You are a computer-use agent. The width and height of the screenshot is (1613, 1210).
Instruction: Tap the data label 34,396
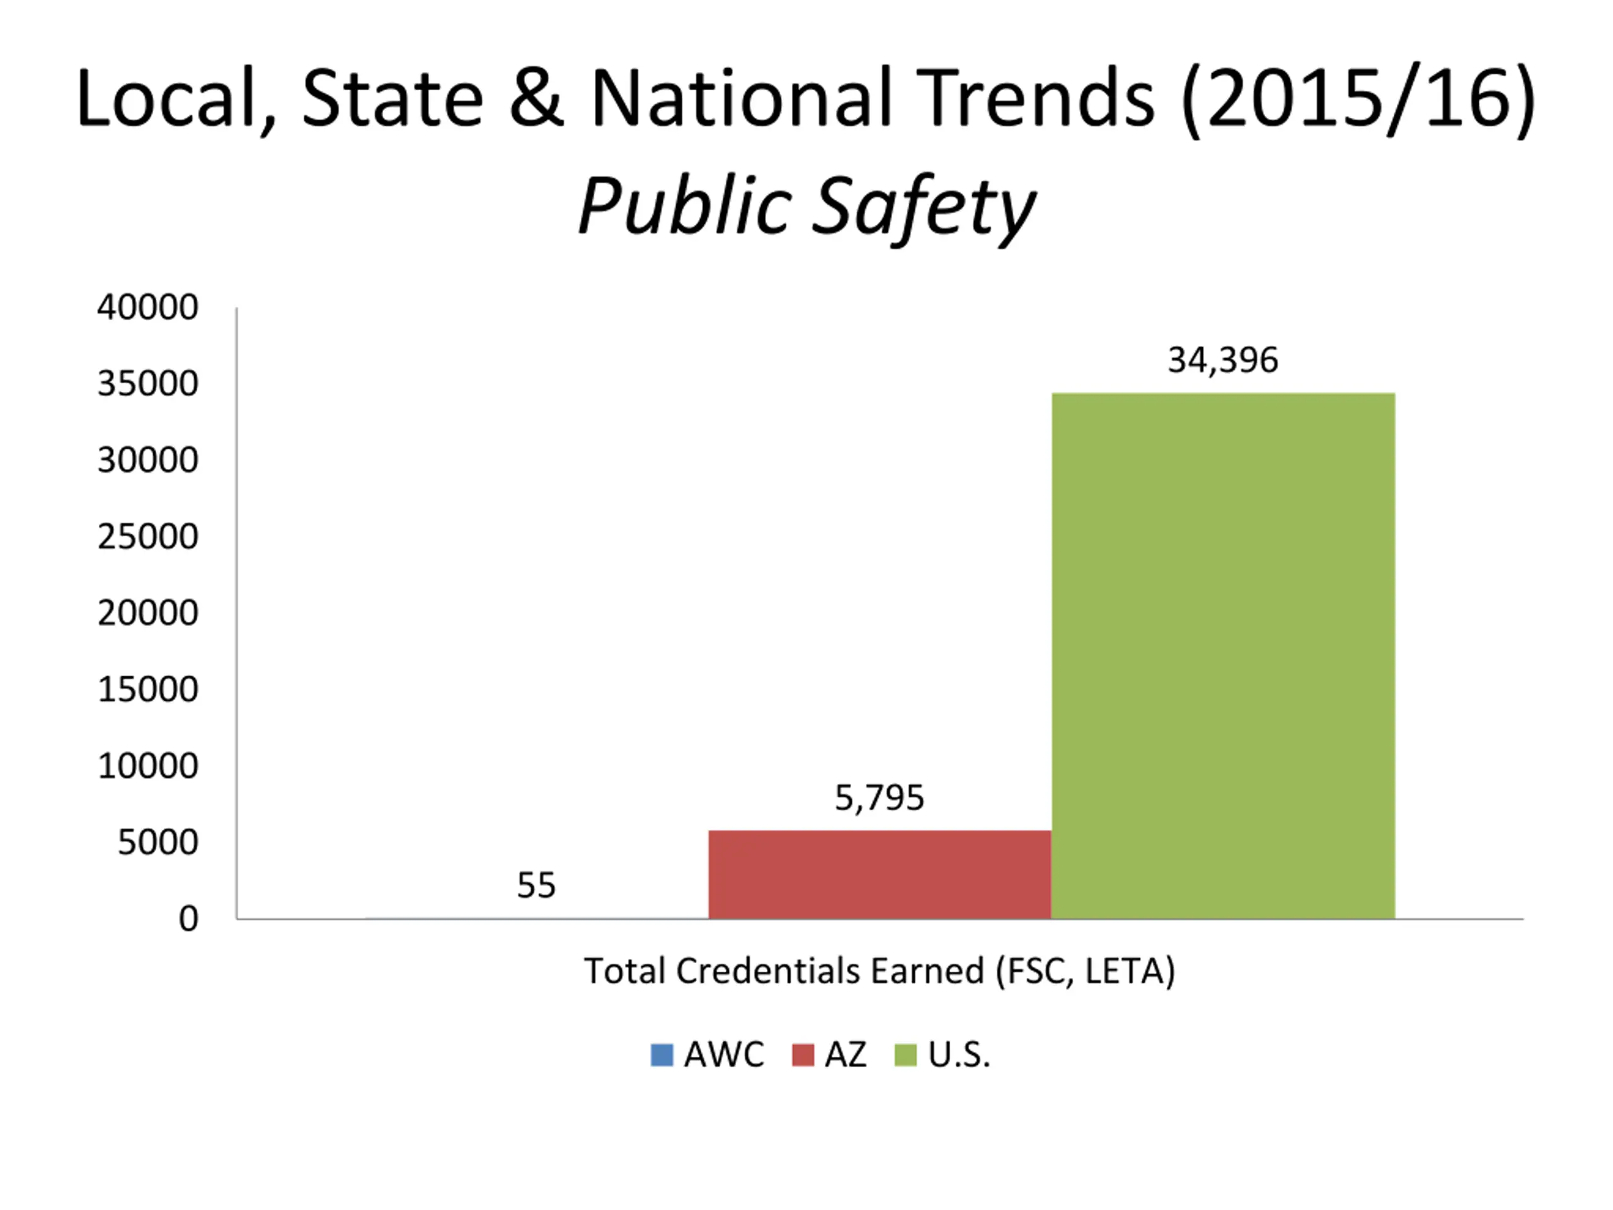(x=1223, y=360)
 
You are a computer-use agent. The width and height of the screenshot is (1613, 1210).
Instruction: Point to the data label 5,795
(x=880, y=797)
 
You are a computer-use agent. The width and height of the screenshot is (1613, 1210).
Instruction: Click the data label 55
(x=536, y=885)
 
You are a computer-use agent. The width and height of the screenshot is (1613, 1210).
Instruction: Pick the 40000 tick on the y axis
(x=147, y=307)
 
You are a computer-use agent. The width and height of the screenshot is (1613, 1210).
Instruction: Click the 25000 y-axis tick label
(x=147, y=537)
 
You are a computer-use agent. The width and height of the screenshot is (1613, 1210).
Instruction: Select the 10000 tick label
(x=147, y=766)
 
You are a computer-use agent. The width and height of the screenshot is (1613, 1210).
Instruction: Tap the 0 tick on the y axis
(x=188, y=919)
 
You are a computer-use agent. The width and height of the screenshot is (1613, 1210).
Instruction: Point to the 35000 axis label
(x=147, y=384)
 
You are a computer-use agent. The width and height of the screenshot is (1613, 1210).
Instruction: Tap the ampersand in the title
(x=537, y=98)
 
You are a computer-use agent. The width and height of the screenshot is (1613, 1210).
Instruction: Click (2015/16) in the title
(x=1358, y=99)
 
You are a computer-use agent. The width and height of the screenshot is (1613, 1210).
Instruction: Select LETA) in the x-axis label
(x=1130, y=971)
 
